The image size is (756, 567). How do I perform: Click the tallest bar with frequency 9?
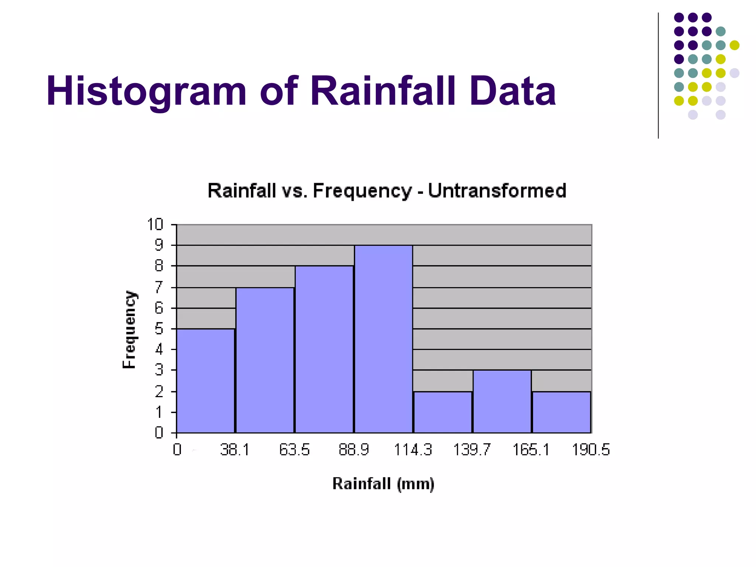pos(383,339)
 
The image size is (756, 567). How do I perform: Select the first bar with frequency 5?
pos(206,380)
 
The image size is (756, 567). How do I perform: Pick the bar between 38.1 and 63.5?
pos(265,360)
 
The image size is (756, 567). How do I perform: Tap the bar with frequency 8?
pos(324,349)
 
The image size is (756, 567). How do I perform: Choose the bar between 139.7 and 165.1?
pos(502,401)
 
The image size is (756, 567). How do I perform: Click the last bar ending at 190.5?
pos(561,412)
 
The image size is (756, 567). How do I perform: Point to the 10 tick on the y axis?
pos(155,224)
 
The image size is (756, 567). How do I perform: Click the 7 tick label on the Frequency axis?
pos(159,287)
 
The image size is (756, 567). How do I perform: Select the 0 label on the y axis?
pos(159,432)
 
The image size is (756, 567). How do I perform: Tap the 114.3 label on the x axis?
pos(413,450)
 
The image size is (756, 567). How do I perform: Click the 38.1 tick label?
pos(235,450)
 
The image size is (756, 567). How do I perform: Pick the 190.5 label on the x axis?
pos(591,450)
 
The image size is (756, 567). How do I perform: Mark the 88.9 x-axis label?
pos(354,450)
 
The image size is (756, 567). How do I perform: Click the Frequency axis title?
pos(130,329)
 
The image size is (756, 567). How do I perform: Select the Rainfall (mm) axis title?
pos(383,484)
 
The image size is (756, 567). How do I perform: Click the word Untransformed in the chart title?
pos(497,191)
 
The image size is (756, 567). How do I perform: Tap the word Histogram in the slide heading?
pos(146,91)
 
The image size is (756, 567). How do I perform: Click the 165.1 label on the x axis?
pos(531,450)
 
